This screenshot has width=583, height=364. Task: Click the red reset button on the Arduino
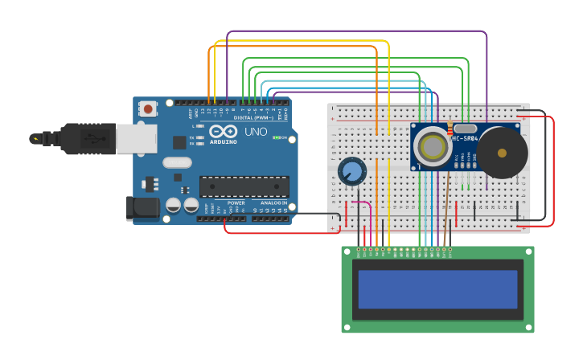coord(148,109)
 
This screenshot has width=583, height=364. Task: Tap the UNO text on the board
coord(256,132)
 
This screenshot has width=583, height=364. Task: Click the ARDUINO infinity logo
coord(223,131)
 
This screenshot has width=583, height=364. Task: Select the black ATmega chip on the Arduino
coord(244,186)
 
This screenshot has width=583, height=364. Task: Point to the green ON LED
coord(276,137)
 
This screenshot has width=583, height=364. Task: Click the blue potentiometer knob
coord(351,170)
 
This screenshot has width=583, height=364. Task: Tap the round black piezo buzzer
coord(503,152)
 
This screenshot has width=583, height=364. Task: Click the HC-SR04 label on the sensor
coord(465,138)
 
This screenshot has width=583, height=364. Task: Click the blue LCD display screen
coord(437,289)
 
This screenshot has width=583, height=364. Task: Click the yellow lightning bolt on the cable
coord(35,138)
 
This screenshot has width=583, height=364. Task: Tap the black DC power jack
coord(143,208)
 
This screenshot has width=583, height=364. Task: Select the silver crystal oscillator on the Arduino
coord(177,162)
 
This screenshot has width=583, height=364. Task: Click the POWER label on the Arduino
coord(236,202)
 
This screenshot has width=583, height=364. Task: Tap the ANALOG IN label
coord(271,202)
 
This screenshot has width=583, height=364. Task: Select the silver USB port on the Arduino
coord(136,138)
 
